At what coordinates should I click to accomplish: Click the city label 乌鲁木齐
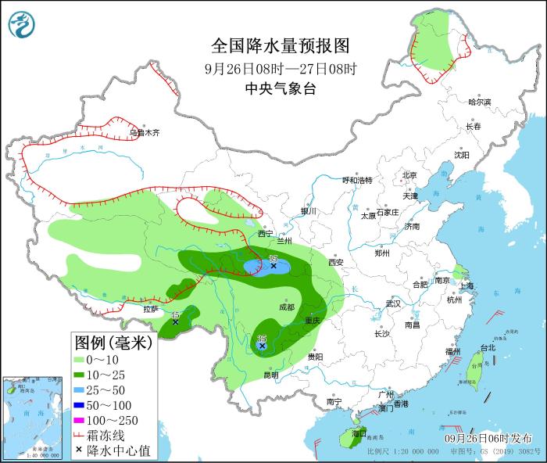(x=145, y=133)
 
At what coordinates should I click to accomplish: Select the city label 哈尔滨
(x=479, y=102)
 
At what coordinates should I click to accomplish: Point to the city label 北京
(x=409, y=175)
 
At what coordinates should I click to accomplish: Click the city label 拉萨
(x=151, y=310)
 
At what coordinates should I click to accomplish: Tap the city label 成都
(x=285, y=307)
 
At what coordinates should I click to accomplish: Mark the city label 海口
(x=359, y=432)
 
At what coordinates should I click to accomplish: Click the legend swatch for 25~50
(x=80, y=389)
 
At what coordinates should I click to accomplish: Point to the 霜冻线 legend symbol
(x=80, y=436)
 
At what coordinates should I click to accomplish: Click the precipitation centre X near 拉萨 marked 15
(x=175, y=321)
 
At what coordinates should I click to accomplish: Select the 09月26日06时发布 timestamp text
(x=485, y=437)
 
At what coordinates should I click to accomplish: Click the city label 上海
(x=467, y=286)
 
